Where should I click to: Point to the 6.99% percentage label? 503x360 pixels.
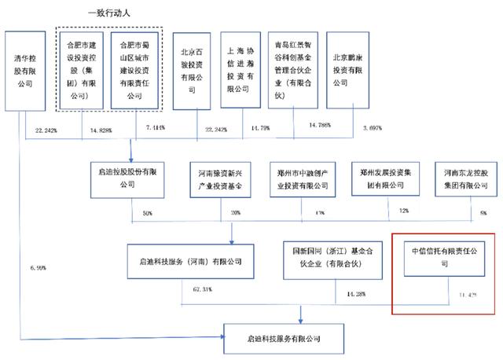coord(36,267)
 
